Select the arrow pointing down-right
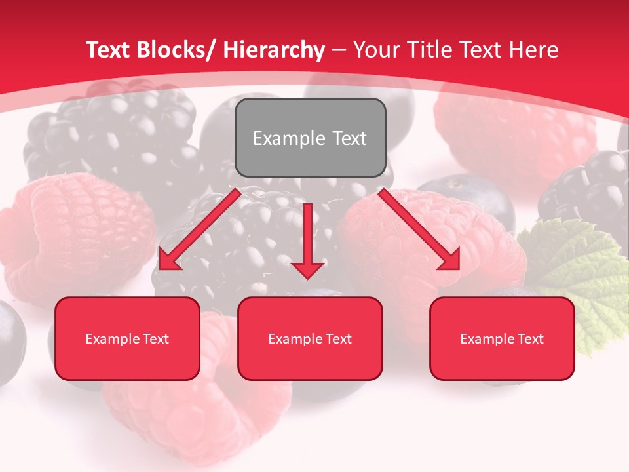pyautogui.click(x=419, y=229)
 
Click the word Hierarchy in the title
pyautogui.click(x=274, y=50)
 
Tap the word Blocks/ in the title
pyautogui.click(x=176, y=50)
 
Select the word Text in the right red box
pyautogui.click(x=530, y=339)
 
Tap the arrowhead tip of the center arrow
pyautogui.click(x=307, y=278)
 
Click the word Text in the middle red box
pyautogui.click(x=338, y=339)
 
